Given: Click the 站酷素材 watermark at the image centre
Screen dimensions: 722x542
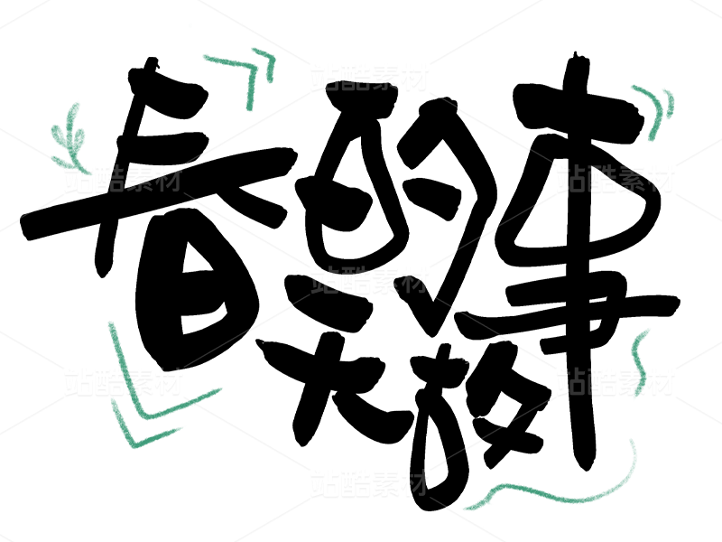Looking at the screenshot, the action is [368, 279].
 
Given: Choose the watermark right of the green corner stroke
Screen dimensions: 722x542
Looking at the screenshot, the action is [368, 76].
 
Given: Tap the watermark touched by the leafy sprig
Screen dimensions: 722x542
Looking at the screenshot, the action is [123, 178].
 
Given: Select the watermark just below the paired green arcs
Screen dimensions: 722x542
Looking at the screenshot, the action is [616, 178].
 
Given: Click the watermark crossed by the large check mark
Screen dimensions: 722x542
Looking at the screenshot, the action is [123, 381].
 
